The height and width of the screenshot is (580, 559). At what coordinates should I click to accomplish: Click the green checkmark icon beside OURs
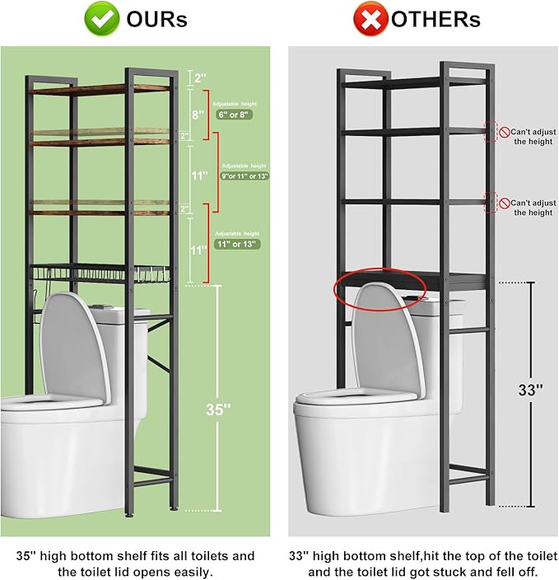pos(103,19)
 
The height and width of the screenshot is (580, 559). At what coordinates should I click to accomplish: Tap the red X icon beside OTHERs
pos(370,19)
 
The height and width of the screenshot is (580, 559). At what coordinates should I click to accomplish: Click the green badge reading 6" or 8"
pos(234,115)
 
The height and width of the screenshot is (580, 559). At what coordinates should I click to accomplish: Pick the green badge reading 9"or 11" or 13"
pos(245,176)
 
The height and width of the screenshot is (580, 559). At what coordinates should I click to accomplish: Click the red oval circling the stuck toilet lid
pos(380,288)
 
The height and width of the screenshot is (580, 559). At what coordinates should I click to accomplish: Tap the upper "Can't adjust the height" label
pos(532,137)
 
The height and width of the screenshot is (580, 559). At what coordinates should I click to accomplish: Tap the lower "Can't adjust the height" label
pos(532,208)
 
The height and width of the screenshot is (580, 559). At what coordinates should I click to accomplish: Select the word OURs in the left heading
pos(156,19)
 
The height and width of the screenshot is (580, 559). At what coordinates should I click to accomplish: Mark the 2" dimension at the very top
pos(199,78)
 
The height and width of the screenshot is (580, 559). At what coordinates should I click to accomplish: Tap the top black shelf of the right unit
pos(412,82)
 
